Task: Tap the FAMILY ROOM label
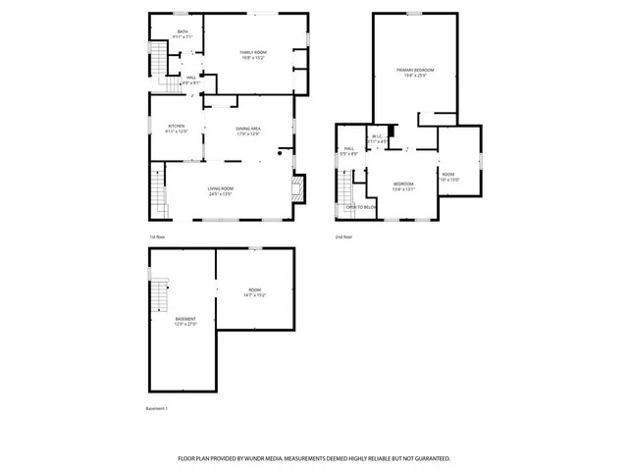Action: (x=254, y=54)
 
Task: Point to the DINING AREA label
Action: (x=248, y=131)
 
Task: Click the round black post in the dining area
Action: (x=280, y=151)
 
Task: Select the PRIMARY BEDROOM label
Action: (x=415, y=72)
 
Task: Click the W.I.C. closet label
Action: (x=377, y=138)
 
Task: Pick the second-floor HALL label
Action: (x=348, y=151)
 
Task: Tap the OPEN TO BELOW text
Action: (x=361, y=207)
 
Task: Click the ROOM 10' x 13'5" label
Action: (x=448, y=177)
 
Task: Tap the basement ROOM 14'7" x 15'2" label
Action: (x=254, y=292)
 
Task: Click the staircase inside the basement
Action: (x=160, y=293)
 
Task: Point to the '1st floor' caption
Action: (x=157, y=236)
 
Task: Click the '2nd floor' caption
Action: (x=343, y=236)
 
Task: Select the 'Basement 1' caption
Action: (x=157, y=408)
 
